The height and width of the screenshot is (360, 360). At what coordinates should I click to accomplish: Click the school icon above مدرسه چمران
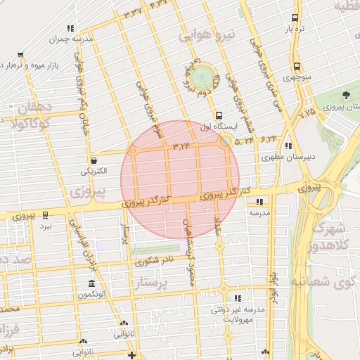click(72, 29)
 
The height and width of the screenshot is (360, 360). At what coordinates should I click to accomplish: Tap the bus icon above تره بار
click(295, 18)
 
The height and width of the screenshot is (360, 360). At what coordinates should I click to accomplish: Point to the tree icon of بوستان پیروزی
click(345, 95)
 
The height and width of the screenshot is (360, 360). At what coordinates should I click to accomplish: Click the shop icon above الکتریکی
click(94, 160)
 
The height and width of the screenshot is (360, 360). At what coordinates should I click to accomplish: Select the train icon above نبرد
click(46, 215)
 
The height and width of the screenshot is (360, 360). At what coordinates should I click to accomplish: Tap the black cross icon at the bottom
click(131, 355)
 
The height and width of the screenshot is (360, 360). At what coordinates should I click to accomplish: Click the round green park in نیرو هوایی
click(205, 76)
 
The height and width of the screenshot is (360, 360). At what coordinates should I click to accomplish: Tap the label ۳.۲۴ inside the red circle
click(181, 146)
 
